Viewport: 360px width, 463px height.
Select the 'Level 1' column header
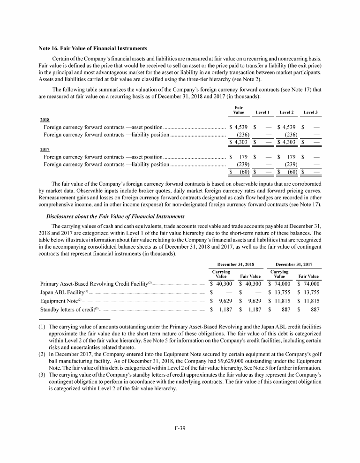click(263, 113)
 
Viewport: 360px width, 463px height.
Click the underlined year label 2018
click(45, 120)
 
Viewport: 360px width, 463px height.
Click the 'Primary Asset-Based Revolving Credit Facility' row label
click(96, 284)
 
